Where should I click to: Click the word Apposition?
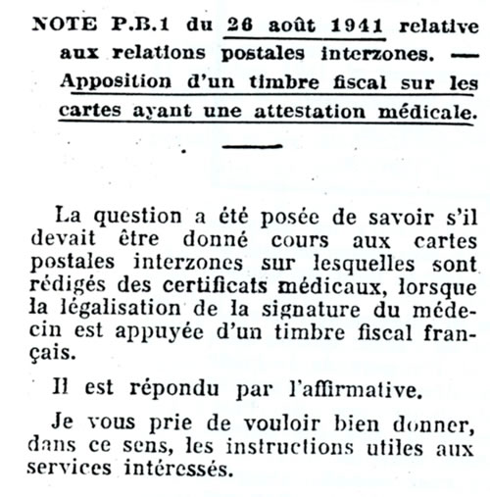112,82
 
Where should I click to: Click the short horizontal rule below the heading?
252,148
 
